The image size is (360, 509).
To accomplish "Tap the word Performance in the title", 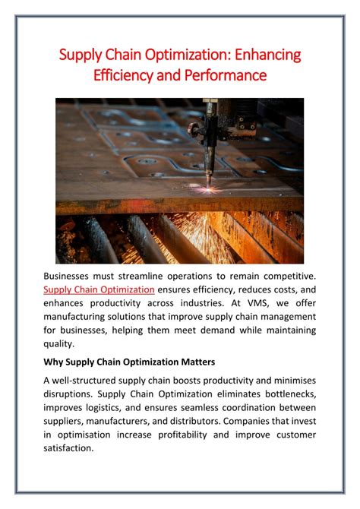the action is (x=226, y=75).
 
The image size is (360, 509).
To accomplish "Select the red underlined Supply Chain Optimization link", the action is (x=99, y=289).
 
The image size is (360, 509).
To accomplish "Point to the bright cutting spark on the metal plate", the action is (x=207, y=188).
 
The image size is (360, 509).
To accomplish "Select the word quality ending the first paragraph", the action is (x=59, y=344).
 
